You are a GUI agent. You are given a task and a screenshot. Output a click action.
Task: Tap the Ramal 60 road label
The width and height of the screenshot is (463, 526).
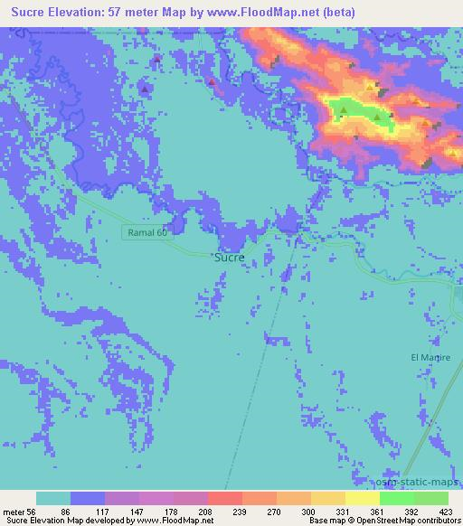coord(146,233)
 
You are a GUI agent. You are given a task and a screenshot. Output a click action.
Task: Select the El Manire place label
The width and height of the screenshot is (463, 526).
coord(430,358)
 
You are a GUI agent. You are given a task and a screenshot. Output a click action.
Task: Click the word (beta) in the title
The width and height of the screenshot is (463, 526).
coord(330,12)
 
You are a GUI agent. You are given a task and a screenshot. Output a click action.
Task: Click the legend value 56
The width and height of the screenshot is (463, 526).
coord(33,512)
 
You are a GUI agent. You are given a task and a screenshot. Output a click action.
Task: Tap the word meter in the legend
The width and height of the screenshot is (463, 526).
coord(14,512)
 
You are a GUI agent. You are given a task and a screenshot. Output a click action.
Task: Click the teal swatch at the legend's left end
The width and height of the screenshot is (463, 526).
coord(53,498)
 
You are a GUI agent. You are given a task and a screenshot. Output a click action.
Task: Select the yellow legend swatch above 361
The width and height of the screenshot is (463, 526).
coord(362,498)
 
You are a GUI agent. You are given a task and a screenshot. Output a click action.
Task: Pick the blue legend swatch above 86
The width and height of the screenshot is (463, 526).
coord(88,498)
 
